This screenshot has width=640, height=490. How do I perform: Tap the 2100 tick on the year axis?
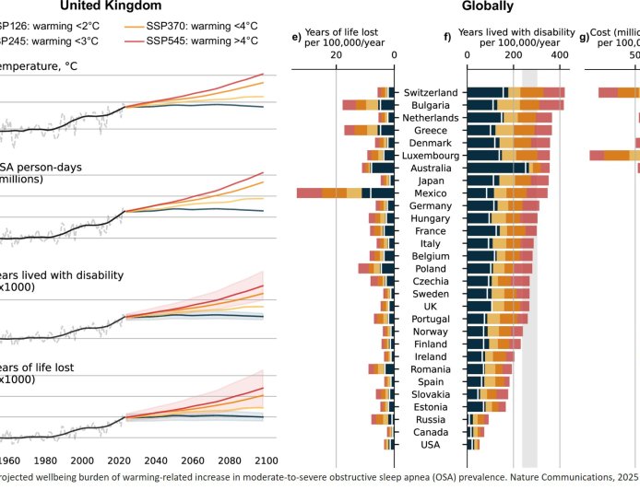(x=266, y=461)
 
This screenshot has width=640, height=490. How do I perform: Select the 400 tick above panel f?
(x=560, y=56)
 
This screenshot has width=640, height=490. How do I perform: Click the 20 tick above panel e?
(x=336, y=56)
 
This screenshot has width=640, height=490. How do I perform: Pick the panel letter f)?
(x=448, y=38)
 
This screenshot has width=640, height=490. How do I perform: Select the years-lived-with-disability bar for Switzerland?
(x=516, y=93)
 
